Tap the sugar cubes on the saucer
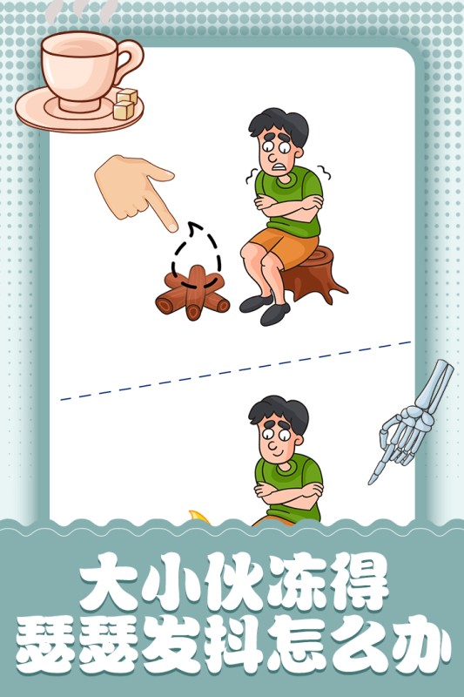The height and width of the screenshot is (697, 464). [125, 105]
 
